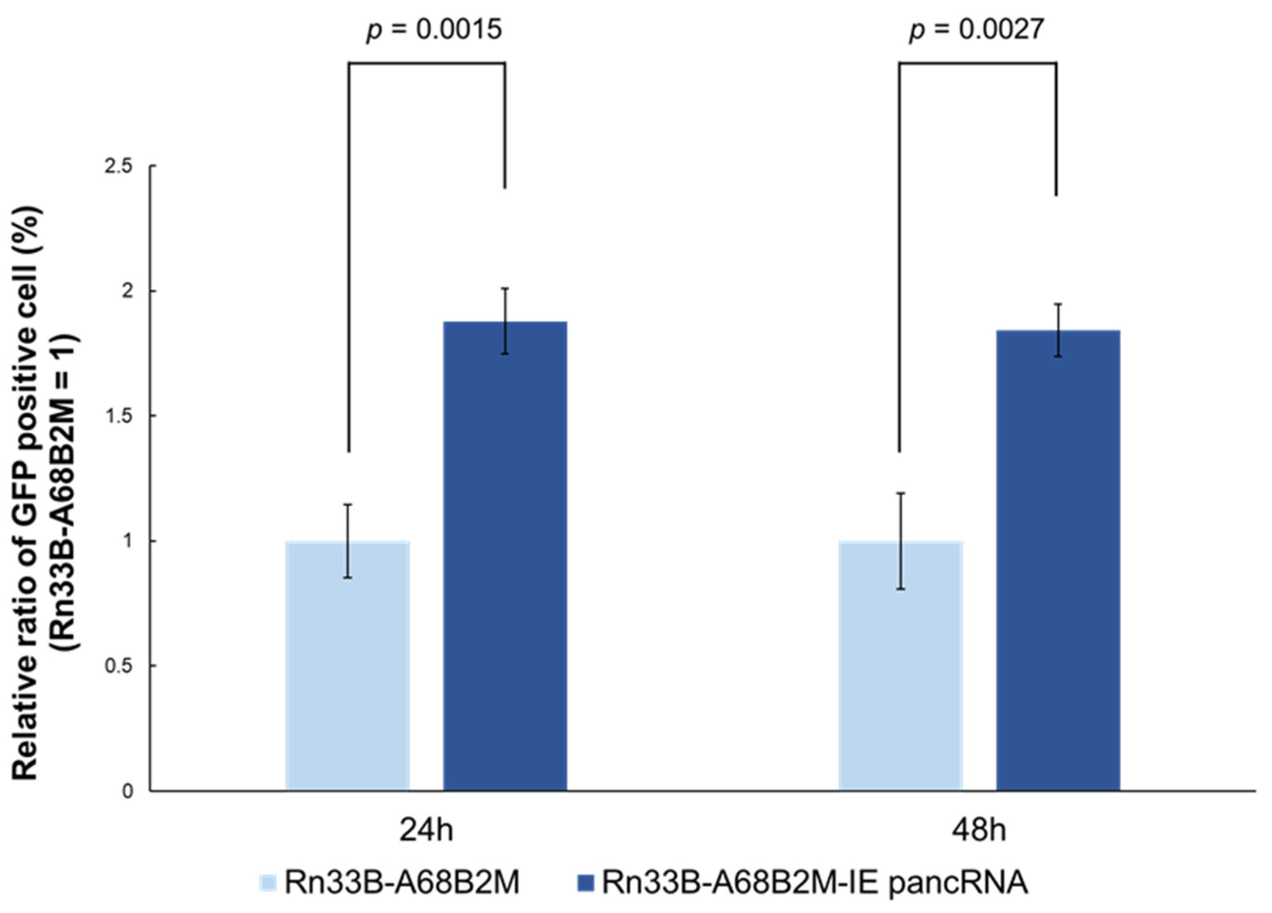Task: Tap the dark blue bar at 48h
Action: pyautogui.click(x=1058, y=561)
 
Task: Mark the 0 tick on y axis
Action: pyautogui.click(x=128, y=792)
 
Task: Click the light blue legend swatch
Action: pyautogui.click(x=268, y=883)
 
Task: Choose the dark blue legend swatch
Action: pyautogui.click(x=585, y=883)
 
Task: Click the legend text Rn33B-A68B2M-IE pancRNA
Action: pyautogui.click(x=815, y=883)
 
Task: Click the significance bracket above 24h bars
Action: pyautogui.click(x=426, y=63)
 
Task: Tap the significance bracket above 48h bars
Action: pyautogui.click(x=978, y=63)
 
